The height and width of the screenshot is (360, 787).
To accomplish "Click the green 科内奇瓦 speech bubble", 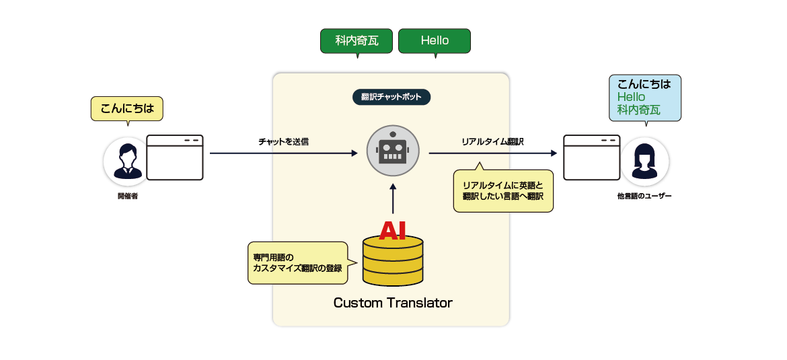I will coord(357,40).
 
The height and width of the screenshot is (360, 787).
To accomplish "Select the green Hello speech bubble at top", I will coord(435,40).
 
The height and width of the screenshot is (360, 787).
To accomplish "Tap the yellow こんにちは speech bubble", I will coord(127,108).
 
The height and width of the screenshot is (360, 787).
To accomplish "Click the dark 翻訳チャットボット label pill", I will coord(391,97).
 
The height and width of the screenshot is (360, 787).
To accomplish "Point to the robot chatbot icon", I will coord(393,151).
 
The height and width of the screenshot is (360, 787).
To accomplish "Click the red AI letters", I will coord(392,231).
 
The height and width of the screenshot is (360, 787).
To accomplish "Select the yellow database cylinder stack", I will coord(392,262).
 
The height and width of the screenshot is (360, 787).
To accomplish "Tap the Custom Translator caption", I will coord(393,303).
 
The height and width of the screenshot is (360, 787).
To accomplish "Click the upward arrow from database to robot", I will coord(393,199).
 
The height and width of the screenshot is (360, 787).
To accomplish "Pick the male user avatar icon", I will coord(126,161).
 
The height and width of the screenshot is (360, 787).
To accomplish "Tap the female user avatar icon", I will coord(644,161).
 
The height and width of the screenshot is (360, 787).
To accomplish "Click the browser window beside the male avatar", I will coord(175,158).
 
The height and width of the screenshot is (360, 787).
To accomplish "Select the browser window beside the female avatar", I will coord(591,158).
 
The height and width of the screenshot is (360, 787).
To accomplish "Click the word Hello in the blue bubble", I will coord(631,97).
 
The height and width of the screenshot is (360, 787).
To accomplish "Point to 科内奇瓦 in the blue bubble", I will coord(639,110).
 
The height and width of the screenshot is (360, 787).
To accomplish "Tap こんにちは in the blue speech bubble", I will coord(644,84).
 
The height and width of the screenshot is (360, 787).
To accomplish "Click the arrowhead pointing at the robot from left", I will coord(354,153).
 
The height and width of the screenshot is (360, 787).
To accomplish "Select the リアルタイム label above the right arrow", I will coord(484,142).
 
